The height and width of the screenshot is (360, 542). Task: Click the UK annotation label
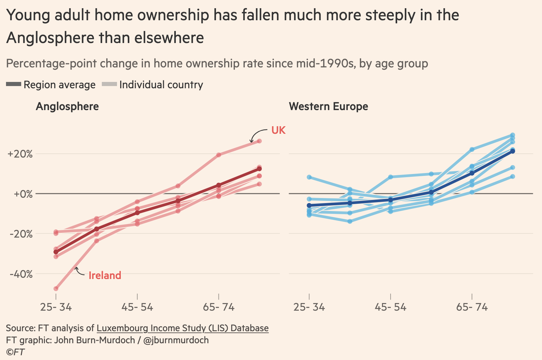click(278, 130)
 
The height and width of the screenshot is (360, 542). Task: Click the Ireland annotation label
click(105, 276)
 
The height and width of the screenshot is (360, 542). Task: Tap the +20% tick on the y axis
click(20, 154)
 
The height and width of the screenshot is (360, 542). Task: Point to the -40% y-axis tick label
click(21, 274)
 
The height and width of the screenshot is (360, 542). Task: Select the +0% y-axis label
click(23, 194)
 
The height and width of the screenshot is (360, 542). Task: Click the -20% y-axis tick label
click(21, 234)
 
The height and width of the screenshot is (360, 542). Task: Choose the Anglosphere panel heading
click(67, 106)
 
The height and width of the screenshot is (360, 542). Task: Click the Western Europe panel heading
click(329, 106)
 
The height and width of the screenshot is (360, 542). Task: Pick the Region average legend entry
click(51, 85)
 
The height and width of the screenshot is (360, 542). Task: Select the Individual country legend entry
click(152, 85)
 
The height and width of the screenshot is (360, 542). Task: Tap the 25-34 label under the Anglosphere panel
click(56, 307)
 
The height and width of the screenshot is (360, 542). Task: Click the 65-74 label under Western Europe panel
click(472, 307)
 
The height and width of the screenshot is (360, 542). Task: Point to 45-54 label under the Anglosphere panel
click(137, 307)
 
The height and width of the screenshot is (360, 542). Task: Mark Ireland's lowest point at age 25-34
click(56, 289)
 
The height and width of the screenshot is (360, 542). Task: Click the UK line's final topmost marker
click(259, 141)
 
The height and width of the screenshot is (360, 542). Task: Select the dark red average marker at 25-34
click(56, 252)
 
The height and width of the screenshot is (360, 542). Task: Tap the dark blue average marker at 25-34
click(309, 205)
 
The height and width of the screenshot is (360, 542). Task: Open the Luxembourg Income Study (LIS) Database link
click(182, 328)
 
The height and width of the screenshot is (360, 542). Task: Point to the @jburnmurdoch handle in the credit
click(176, 340)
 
